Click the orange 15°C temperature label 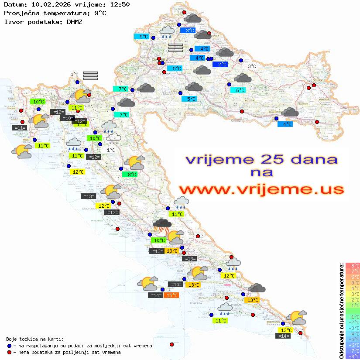pyautogui.click(x=171, y=295)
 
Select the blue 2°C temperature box pyautogui.click(x=222, y=65)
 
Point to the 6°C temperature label pyautogui.click(x=238, y=90)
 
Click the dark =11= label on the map pyautogui.click(x=20, y=128)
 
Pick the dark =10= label pyautogui.click(x=67, y=118)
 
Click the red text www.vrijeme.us pyautogui.click(x=261, y=189)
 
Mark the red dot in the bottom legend pyautogui.click(x=9, y=352)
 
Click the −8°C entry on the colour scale pyautogui.click(x=353, y=357)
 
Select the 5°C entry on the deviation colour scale pyautogui.click(x=353, y=282)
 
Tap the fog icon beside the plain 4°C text pyautogui.click(x=90, y=75)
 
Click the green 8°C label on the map pyautogui.click(x=131, y=175)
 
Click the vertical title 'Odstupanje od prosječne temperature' pyautogui.click(x=341, y=311)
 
